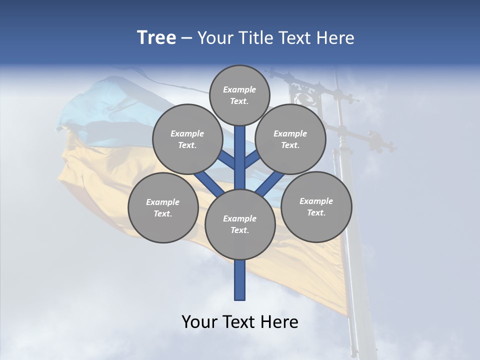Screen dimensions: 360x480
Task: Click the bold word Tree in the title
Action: click(156, 37)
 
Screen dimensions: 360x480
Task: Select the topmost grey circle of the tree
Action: click(239, 95)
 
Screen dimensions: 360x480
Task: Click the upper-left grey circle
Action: click(187, 139)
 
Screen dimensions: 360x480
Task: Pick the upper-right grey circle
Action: click(290, 139)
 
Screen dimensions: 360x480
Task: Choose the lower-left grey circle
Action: click(163, 207)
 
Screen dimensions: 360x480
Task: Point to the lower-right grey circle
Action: click(316, 206)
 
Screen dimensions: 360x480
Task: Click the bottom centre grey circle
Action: click(240, 224)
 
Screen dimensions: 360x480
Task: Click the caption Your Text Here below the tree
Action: click(240, 322)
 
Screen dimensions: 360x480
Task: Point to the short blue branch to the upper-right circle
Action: click(252, 159)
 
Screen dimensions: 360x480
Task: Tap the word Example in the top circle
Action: click(239, 89)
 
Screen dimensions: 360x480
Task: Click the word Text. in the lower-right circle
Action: click(316, 212)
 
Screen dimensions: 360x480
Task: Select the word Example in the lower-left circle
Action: click(163, 202)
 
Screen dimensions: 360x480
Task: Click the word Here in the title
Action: click(336, 38)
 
